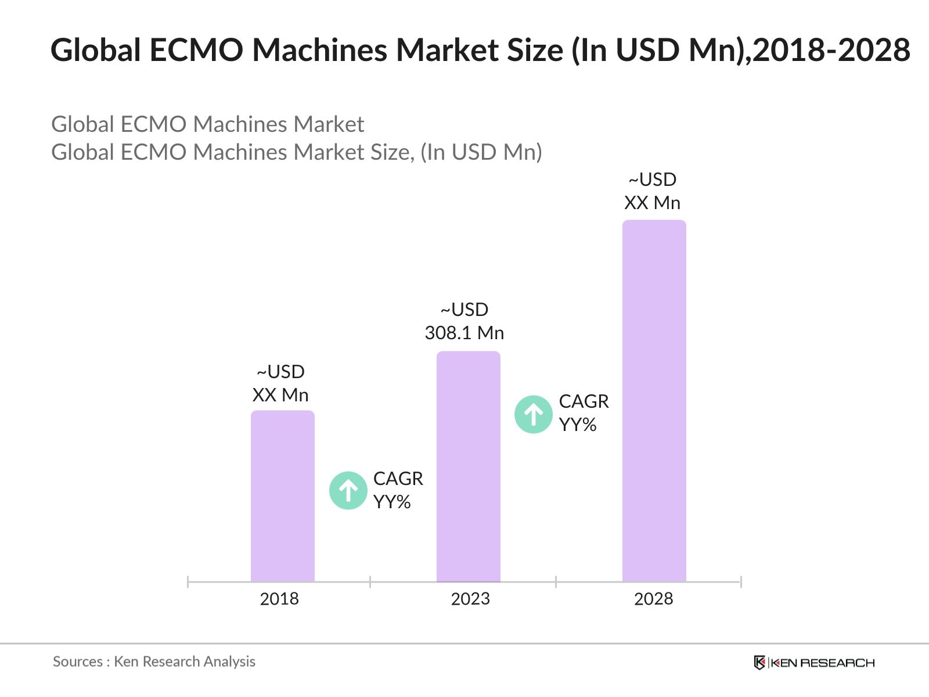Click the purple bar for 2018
point(282,497)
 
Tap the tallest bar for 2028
point(654,401)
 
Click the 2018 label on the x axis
point(279,599)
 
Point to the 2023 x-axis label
point(470,599)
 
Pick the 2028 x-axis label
point(653,599)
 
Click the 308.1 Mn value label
point(464,333)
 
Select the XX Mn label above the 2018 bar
point(280,395)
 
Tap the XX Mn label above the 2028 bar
point(652,203)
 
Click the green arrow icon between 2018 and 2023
point(348,490)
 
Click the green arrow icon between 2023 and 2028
point(533,414)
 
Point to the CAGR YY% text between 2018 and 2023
point(398,490)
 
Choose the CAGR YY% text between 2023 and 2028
point(584,413)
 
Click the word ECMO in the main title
point(196,50)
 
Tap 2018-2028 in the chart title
point(831,50)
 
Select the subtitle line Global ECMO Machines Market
point(207,124)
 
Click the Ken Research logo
point(814,663)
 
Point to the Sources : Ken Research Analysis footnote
point(154,662)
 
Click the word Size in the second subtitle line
point(390,152)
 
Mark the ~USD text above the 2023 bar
point(464,310)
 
